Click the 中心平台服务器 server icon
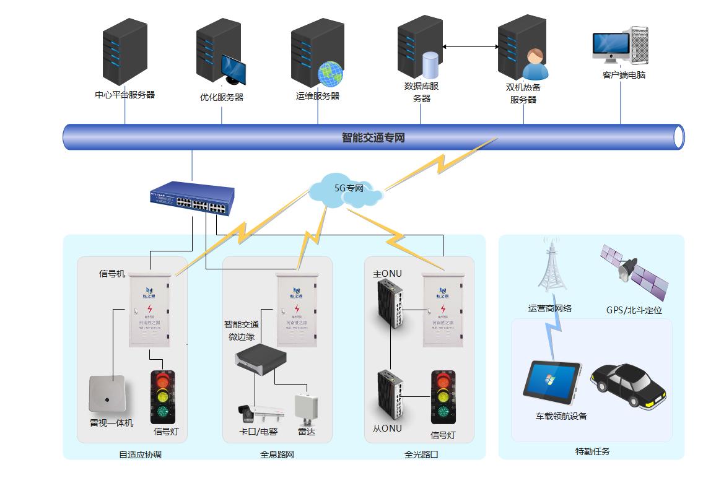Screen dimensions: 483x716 pyautogui.click(x=124, y=53)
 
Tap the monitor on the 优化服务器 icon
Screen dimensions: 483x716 pyautogui.click(x=234, y=69)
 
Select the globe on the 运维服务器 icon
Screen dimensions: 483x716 pyautogui.click(x=330, y=73)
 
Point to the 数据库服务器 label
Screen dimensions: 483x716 pyautogui.click(x=422, y=92)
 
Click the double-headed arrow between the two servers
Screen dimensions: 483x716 pyautogui.click(x=471, y=46)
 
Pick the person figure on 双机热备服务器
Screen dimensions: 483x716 pyautogui.click(x=535, y=65)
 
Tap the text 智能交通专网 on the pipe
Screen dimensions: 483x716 pyautogui.click(x=373, y=137)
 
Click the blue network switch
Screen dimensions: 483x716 pyautogui.click(x=193, y=198)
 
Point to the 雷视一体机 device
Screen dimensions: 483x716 pyautogui.click(x=108, y=394)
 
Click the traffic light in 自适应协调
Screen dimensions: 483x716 pyautogui.click(x=163, y=397)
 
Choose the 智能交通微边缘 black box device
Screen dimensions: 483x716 pyautogui.click(x=261, y=360)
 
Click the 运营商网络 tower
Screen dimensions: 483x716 pyautogui.click(x=551, y=265)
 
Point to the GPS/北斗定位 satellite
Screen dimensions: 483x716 pyautogui.click(x=634, y=272)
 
